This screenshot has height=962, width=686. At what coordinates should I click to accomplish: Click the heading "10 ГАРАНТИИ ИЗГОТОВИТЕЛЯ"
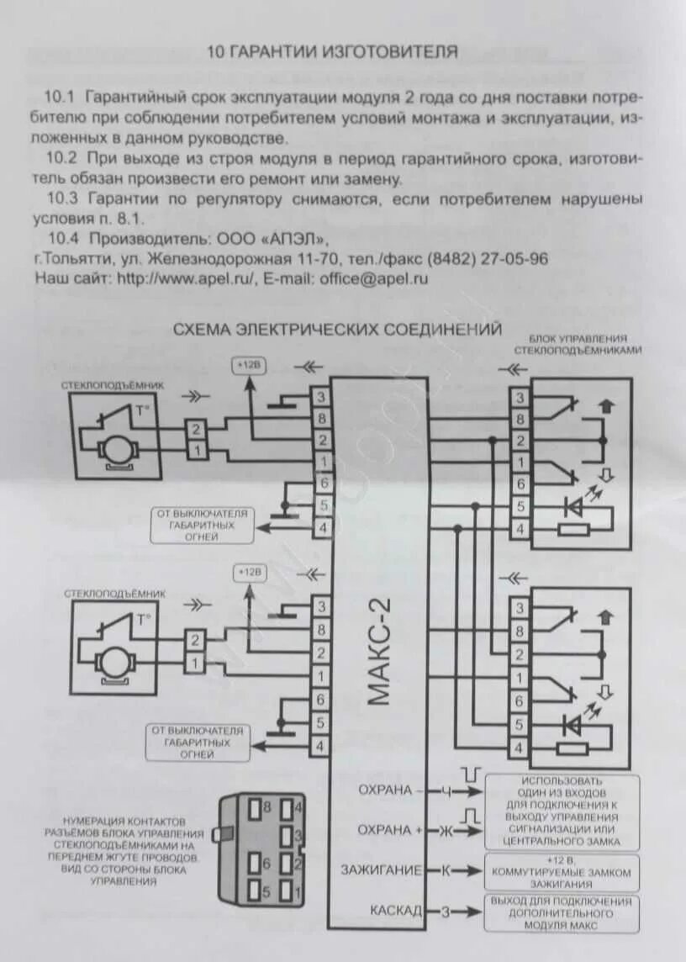(332, 52)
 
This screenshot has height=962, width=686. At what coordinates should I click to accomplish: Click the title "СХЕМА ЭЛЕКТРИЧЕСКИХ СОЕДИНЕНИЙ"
(337, 329)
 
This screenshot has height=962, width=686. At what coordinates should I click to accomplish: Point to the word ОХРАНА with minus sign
(385, 790)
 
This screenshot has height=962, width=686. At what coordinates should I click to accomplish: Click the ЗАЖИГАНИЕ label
(381, 869)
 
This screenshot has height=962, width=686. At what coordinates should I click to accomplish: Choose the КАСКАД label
(395, 910)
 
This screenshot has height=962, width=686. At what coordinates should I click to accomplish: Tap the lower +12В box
(249, 573)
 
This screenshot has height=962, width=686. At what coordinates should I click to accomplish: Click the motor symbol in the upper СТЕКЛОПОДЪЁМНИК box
(116, 452)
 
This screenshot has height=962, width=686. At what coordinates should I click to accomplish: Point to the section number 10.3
(62, 199)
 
